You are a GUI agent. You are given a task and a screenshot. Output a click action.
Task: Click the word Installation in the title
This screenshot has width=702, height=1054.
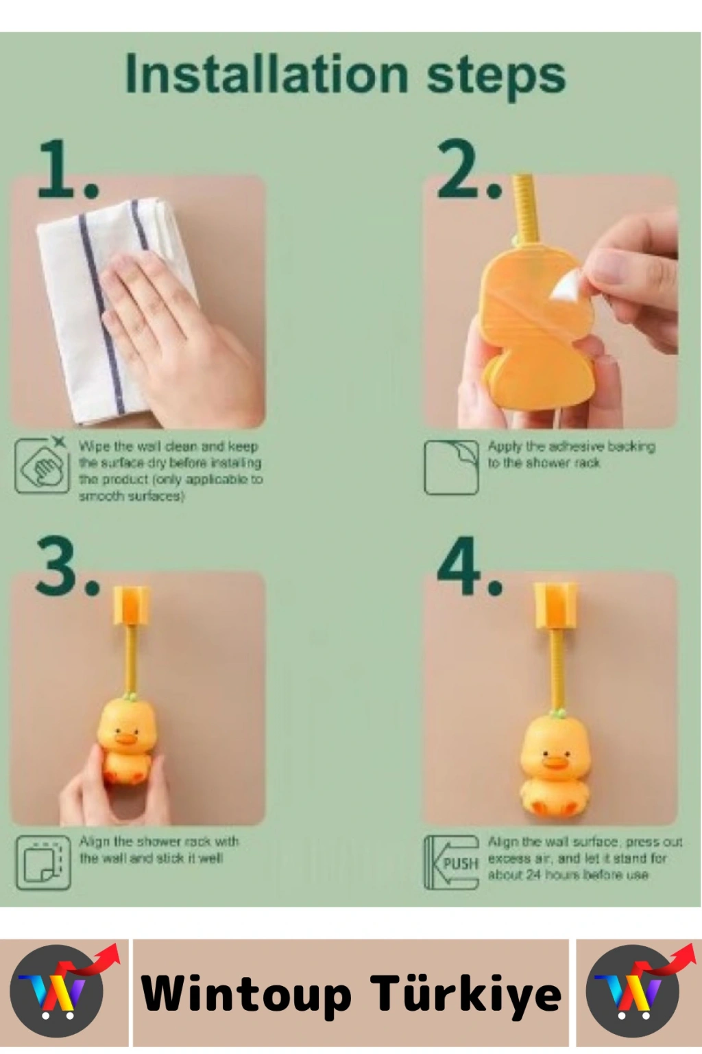point(267,73)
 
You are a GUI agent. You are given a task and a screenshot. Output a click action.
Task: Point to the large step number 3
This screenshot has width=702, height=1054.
point(67,566)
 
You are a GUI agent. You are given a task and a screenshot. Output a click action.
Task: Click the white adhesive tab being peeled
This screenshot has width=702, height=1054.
point(568,288)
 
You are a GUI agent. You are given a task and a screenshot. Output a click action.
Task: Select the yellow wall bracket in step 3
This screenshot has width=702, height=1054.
point(132,606)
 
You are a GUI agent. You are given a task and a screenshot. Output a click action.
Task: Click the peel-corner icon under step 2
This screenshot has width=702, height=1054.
point(451,467)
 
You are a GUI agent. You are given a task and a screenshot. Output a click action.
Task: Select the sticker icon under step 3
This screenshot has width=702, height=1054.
point(43,863)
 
